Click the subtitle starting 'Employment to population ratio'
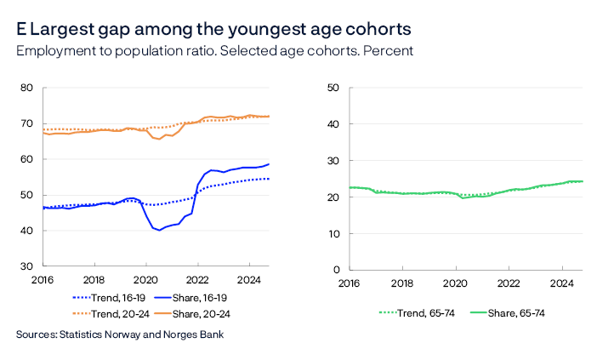[x=214, y=50]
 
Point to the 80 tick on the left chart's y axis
[x=26, y=88]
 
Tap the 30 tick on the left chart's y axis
[x=26, y=266]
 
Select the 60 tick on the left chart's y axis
[x=26, y=159]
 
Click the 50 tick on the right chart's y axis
[x=333, y=88]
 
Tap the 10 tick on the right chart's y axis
[x=333, y=233]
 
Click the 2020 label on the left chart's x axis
[x=145, y=281]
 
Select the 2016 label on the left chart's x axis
[x=43, y=281]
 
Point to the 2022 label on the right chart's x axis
[x=508, y=284]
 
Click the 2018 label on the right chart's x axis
[x=402, y=284]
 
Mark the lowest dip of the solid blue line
[x=158, y=230]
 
